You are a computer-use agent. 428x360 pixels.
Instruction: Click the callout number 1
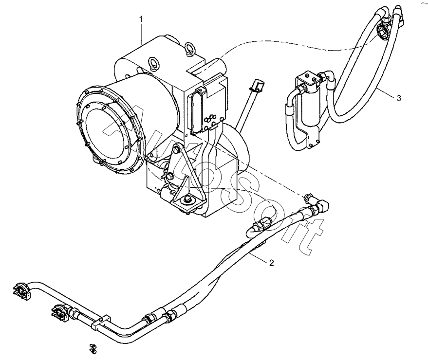[x=141, y=19]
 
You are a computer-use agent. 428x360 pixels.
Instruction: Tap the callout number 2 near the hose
[x=272, y=263]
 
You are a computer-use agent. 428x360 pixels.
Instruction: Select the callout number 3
[x=399, y=98]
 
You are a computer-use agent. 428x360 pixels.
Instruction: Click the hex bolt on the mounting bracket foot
[x=187, y=200]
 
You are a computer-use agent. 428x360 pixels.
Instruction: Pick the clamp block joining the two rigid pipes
[x=98, y=322]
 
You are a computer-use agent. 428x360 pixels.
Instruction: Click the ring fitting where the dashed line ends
[x=383, y=32]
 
